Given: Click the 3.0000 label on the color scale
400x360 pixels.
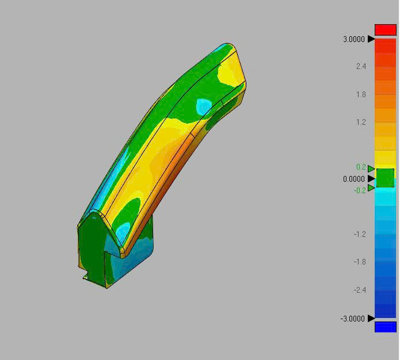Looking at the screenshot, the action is (353, 39).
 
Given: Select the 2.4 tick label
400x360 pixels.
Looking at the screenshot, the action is (361, 67).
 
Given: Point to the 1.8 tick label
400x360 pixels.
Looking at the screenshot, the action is (361, 94).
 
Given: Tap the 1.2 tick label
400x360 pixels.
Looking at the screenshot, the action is (361, 122).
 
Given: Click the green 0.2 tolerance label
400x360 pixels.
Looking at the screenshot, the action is (361, 167).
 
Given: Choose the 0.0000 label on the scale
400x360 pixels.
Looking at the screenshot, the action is (353, 179).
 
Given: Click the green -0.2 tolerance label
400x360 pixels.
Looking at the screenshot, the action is (360, 190).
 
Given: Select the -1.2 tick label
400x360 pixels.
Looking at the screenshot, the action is (360, 234).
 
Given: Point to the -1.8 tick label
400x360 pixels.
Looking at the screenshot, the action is (360, 262).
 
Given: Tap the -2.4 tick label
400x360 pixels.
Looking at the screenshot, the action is (360, 290).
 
